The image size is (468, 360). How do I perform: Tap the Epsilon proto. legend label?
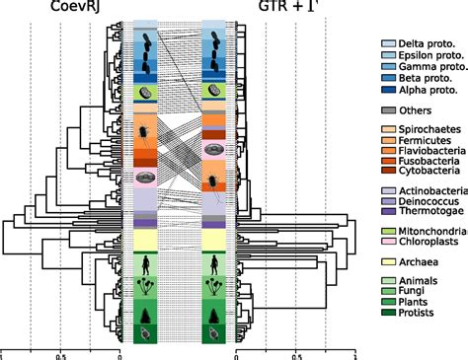click(430, 56)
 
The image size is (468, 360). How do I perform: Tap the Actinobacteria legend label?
click(432, 194)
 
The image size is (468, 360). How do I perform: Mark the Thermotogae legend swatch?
click(389, 216)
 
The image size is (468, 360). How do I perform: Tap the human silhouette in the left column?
click(145, 264)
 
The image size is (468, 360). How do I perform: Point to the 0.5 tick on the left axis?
click(60, 353)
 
